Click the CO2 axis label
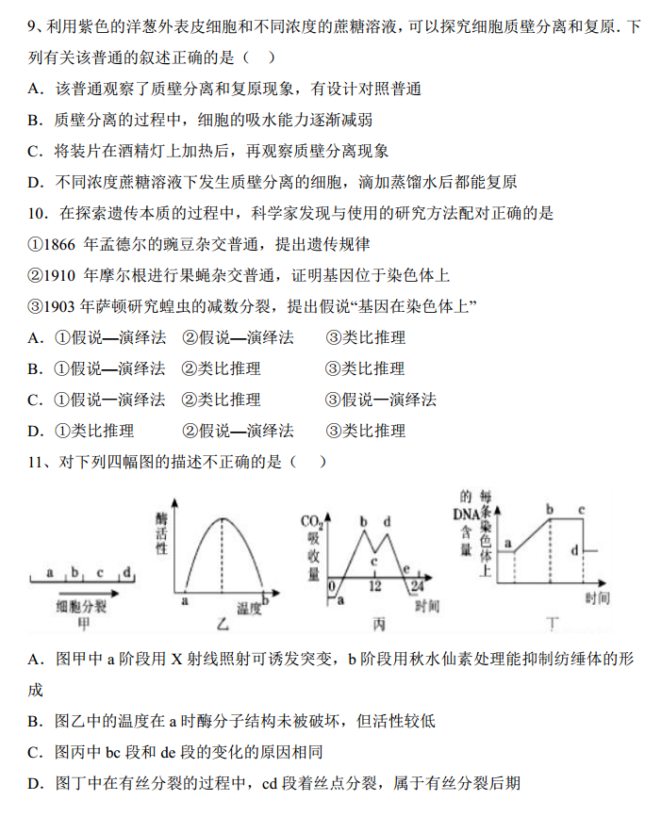click(312, 522)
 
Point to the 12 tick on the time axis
click(374, 586)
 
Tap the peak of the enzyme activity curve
click(223, 518)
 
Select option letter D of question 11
click(37, 782)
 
